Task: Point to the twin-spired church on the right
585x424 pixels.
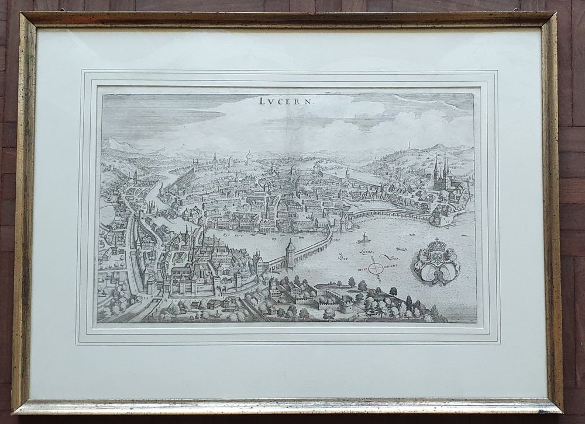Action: pos(440,172)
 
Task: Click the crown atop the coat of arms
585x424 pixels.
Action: pos(437,244)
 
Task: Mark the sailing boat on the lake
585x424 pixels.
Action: pos(364,238)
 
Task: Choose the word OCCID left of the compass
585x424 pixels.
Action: pos(361,269)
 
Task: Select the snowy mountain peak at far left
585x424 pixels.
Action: pos(113,142)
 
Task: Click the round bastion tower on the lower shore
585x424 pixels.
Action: pos(346,304)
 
